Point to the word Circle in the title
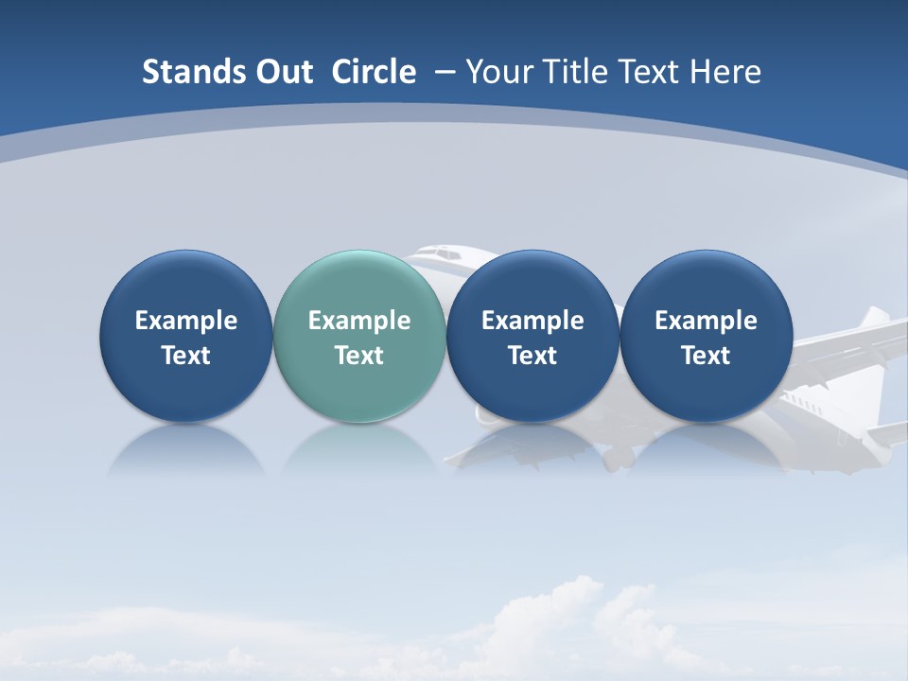(x=374, y=72)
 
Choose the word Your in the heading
(x=498, y=72)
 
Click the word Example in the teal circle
(x=358, y=321)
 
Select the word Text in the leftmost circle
(x=185, y=356)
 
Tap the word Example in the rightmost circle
(x=706, y=321)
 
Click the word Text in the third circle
(x=533, y=356)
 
